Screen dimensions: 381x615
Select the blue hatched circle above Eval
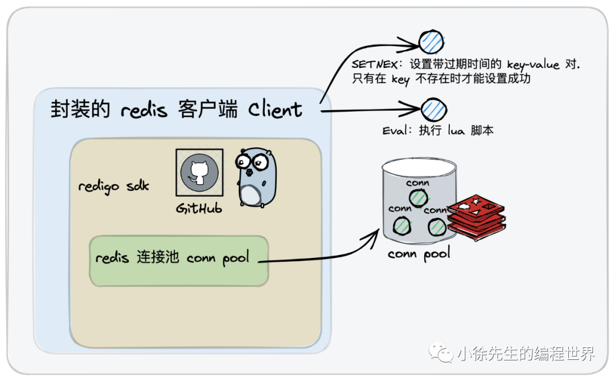click(x=434, y=108)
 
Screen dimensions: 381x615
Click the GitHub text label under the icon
click(x=199, y=209)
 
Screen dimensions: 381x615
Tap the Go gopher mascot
click(x=254, y=178)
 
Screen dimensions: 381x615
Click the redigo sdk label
click(x=113, y=187)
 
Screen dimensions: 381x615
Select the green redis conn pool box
click(x=178, y=261)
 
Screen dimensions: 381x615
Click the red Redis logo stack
click(x=475, y=218)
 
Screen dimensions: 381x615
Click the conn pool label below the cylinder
click(x=419, y=253)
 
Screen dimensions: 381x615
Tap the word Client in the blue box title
click(x=275, y=110)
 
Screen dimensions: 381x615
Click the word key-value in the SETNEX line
click(x=533, y=65)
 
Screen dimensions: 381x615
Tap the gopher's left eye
click(x=246, y=162)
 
